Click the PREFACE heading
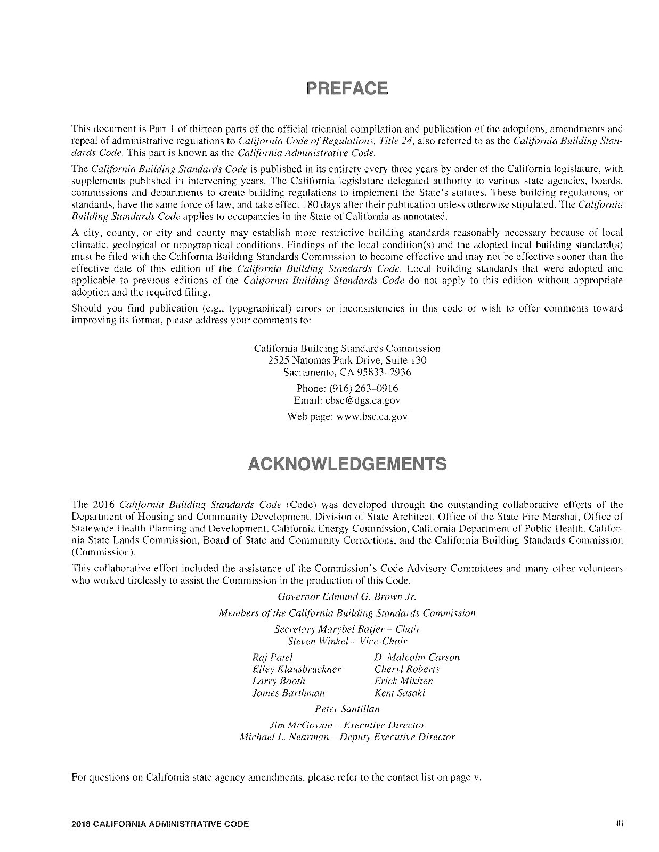347,88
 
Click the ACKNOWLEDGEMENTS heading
347,464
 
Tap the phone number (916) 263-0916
362,388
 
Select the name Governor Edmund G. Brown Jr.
347,596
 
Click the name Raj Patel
272,657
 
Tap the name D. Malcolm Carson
417,657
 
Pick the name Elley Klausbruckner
296,669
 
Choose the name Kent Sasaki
400,693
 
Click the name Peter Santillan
347,709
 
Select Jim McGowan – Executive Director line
347,725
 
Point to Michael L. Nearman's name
284,738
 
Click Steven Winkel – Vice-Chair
347,641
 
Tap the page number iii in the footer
619,823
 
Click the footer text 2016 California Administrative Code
160,824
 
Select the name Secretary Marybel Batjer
329,629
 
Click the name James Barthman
288,693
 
